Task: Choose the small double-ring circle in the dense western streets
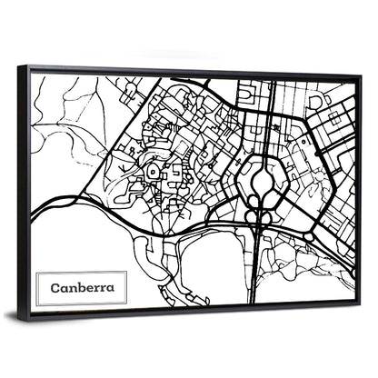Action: (x=152, y=170)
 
